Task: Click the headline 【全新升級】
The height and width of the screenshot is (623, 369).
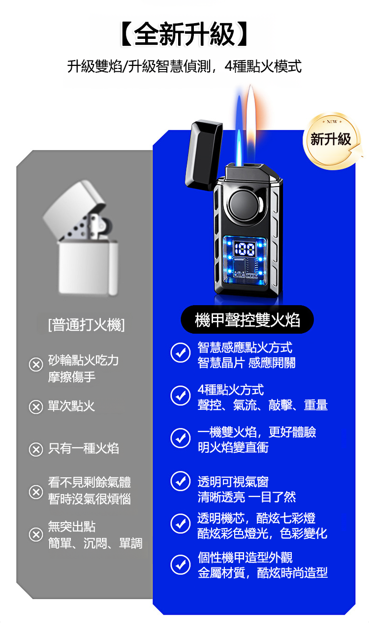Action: pyautogui.click(x=184, y=34)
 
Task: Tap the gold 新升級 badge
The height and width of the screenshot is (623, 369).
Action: pyautogui.click(x=332, y=140)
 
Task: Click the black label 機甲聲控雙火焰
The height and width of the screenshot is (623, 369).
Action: pyautogui.click(x=247, y=319)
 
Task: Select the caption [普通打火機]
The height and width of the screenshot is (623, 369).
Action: pyautogui.click(x=87, y=324)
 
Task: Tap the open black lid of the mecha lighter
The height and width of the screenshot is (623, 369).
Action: pyautogui.click(x=204, y=155)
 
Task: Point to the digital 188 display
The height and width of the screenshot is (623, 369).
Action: pyautogui.click(x=245, y=248)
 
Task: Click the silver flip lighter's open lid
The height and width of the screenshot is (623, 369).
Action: pyautogui.click(x=74, y=209)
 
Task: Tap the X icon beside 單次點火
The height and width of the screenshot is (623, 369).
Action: pyautogui.click(x=36, y=407)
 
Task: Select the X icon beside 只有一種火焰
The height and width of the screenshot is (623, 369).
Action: pyautogui.click(x=36, y=449)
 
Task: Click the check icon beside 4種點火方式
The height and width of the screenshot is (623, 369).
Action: pyautogui.click(x=181, y=395)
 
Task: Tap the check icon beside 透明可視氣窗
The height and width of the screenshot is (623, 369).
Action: pyautogui.click(x=181, y=481)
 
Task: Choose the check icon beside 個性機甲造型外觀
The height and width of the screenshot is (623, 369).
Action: pyautogui.click(x=181, y=564)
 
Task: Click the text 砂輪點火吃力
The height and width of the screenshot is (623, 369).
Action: pyautogui.click(x=84, y=360)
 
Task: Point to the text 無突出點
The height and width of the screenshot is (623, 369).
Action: pyautogui.click(x=72, y=526)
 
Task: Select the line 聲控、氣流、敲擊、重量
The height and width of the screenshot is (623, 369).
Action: pyautogui.click(x=263, y=405)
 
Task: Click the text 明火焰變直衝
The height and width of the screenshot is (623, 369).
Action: pyautogui.click(x=233, y=447)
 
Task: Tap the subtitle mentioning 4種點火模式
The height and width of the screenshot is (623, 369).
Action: pyautogui.click(x=184, y=66)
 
